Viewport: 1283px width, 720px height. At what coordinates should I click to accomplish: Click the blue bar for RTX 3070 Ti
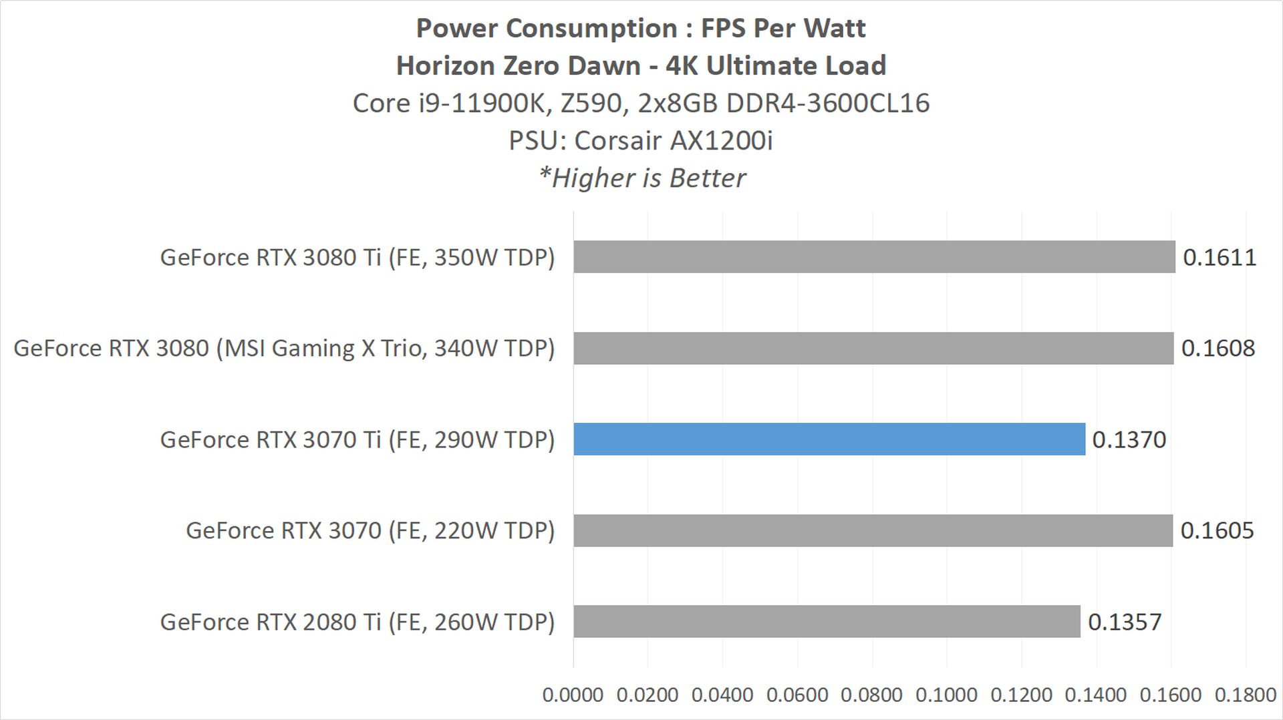pos(829,439)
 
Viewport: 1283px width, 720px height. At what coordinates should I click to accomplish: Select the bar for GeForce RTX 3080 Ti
pos(874,256)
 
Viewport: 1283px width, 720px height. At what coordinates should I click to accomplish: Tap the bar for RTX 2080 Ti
pos(827,621)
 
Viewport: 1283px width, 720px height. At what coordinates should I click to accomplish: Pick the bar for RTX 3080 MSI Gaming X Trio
pos(873,348)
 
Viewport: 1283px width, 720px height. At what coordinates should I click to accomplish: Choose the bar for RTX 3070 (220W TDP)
pos(873,530)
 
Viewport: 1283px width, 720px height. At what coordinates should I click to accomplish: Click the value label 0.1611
pos(1220,257)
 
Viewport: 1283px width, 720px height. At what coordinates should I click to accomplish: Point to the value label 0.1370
pos(1129,439)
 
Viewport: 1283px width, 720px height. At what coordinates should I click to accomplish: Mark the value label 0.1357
pos(1125,622)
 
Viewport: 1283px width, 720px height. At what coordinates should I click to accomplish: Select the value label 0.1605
pos(1217,530)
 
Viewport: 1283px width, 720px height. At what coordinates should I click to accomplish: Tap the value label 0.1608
pos(1218,348)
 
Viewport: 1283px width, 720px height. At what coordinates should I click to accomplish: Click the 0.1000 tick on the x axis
pos(946,695)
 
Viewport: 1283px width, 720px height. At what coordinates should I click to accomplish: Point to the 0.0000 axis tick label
pos(573,695)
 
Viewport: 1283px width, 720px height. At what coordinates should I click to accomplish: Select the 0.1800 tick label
pos(1245,695)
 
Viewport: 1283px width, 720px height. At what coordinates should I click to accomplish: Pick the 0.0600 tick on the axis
pos(797,695)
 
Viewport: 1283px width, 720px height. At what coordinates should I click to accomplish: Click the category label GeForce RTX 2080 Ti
pos(358,622)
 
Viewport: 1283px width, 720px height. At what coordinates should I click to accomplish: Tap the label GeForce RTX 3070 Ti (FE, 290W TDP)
pos(358,439)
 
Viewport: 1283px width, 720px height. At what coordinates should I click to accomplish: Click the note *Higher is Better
pos(641,178)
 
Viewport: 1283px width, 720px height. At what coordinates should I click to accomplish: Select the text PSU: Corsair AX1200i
pos(641,140)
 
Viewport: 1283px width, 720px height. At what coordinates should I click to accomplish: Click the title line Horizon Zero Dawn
pos(641,65)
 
